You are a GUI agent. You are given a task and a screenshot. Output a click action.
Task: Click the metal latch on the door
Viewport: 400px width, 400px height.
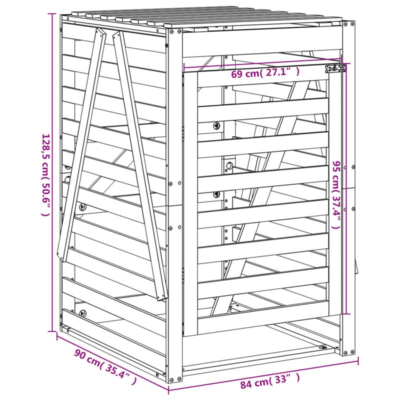tap(335, 68)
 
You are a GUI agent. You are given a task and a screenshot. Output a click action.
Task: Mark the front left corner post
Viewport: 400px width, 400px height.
tap(174, 200)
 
